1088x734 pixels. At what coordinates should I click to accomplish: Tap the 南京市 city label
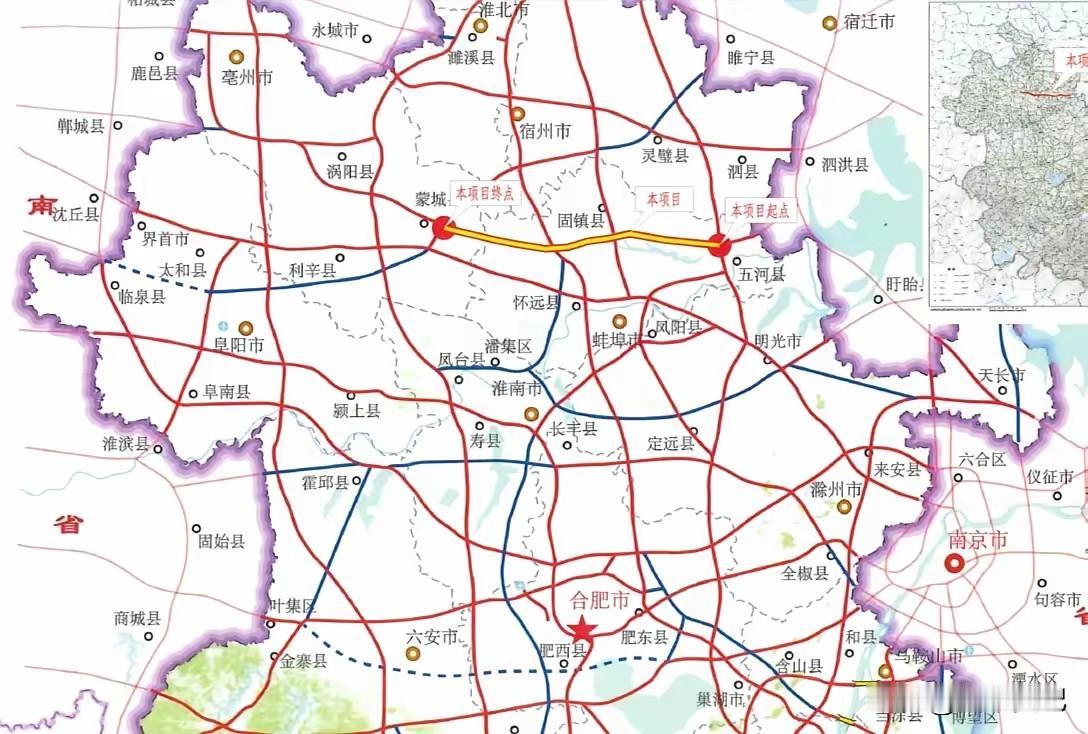(x=977, y=542)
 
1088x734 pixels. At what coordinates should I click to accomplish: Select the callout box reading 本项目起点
(x=759, y=210)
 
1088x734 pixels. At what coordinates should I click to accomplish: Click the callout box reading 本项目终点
(x=485, y=193)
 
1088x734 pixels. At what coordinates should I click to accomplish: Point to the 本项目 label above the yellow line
(x=662, y=199)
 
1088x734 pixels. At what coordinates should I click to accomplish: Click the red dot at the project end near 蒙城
(x=441, y=229)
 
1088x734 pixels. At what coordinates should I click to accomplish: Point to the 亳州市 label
(x=246, y=76)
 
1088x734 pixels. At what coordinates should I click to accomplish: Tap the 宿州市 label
(x=545, y=131)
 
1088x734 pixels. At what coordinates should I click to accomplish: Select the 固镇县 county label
(x=580, y=220)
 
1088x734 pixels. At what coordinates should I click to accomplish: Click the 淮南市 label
(x=517, y=388)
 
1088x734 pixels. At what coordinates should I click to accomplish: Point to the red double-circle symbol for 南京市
(x=954, y=563)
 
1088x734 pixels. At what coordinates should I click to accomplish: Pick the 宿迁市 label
(x=868, y=22)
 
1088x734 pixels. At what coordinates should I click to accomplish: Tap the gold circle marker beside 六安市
(x=411, y=653)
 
